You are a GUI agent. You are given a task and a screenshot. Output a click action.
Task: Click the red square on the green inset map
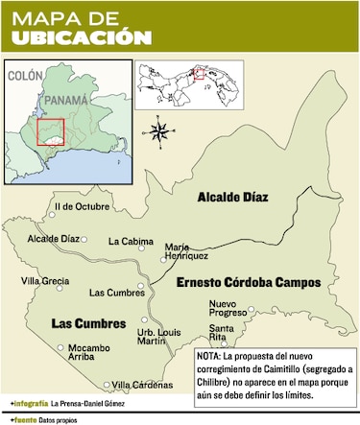(x=51, y=131)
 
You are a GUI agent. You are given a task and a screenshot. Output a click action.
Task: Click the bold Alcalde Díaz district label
(x=231, y=198)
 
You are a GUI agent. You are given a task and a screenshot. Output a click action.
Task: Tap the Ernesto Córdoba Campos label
(x=247, y=284)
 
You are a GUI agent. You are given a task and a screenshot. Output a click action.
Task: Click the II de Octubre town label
(x=82, y=206)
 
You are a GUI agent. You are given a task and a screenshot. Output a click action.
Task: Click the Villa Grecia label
(x=44, y=281)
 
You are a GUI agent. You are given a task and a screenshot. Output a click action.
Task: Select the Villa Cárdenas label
(x=136, y=385)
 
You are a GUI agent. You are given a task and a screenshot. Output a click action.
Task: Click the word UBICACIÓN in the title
(x=81, y=36)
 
